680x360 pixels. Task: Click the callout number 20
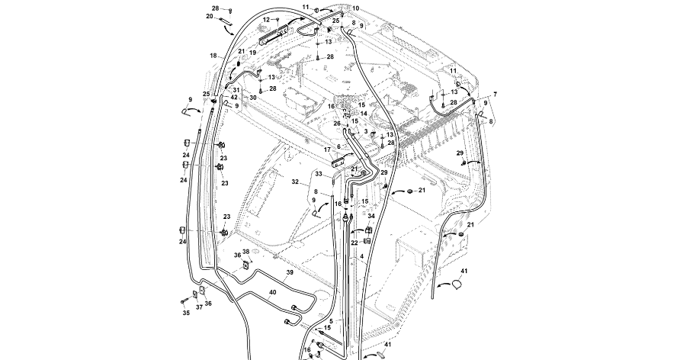[x=210, y=16]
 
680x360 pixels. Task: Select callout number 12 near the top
[x=266, y=19]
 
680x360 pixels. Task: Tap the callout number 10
[x=355, y=8]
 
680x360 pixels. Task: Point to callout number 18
[x=214, y=56]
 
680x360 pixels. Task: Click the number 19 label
[x=252, y=53]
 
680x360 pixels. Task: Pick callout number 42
[x=235, y=98]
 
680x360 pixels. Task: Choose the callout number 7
[x=495, y=94]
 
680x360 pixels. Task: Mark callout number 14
[x=364, y=113]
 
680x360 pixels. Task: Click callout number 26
[x=337, y=124]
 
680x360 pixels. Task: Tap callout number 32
[x=296, y=182]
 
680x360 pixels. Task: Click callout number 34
[x=371, y=216]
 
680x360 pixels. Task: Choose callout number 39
[x=290, y=272]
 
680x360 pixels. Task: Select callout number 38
[x=246, y=252]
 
